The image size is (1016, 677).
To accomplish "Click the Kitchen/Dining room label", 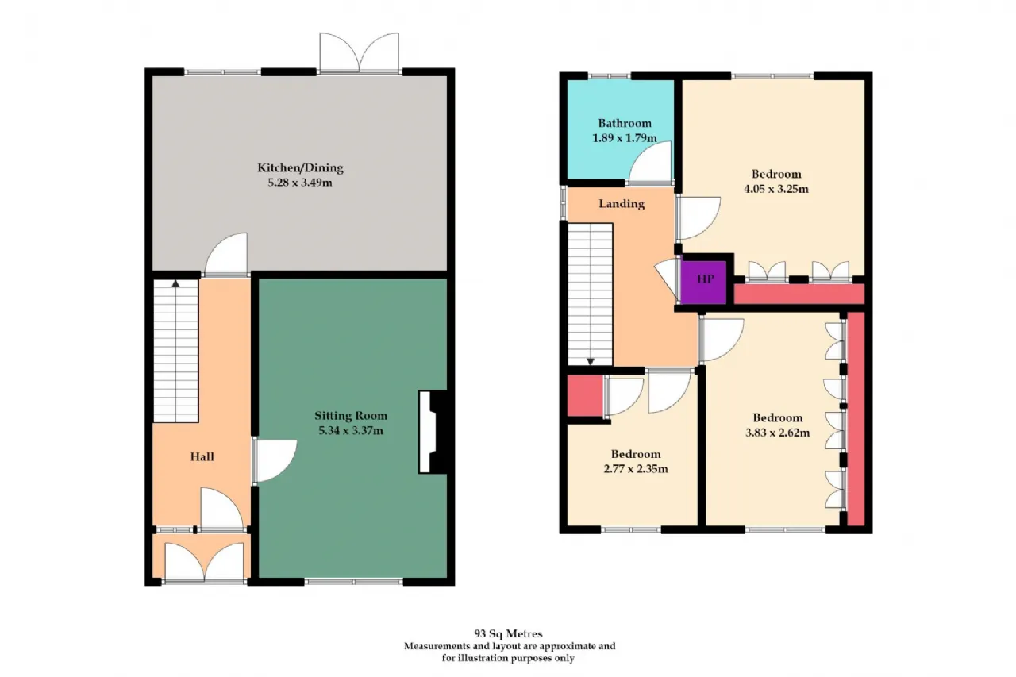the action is (300, 168).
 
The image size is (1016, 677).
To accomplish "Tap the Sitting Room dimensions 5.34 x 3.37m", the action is (351, 430).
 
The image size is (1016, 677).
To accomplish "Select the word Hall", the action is (202, 456).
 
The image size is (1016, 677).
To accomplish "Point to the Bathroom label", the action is (625, 123).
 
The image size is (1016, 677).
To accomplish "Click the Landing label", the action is (622, 204).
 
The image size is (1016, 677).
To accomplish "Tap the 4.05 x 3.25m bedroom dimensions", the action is (776, 189).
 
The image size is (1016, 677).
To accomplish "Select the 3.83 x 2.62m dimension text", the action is (777, 433).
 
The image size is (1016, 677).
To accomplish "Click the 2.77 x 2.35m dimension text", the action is (636, 469).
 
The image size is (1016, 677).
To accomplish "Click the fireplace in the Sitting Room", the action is (433, 432).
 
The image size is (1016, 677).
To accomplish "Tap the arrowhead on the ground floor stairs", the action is (175, 283).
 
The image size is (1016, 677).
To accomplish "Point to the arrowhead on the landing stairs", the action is (591, 361).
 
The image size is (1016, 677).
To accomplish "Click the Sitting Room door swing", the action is (275, 460).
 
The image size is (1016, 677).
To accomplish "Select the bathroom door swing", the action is (649, 163).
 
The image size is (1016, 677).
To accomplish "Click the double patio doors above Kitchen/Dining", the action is (360, 52).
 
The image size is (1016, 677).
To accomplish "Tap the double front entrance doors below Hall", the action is (204, 562).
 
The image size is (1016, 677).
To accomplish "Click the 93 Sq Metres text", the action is (509, 633).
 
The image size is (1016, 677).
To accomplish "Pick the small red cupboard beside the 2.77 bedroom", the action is (585, 396).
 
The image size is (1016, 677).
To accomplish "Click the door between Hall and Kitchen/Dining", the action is (226, 255).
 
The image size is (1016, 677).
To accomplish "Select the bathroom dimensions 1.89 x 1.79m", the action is (625, 138).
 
